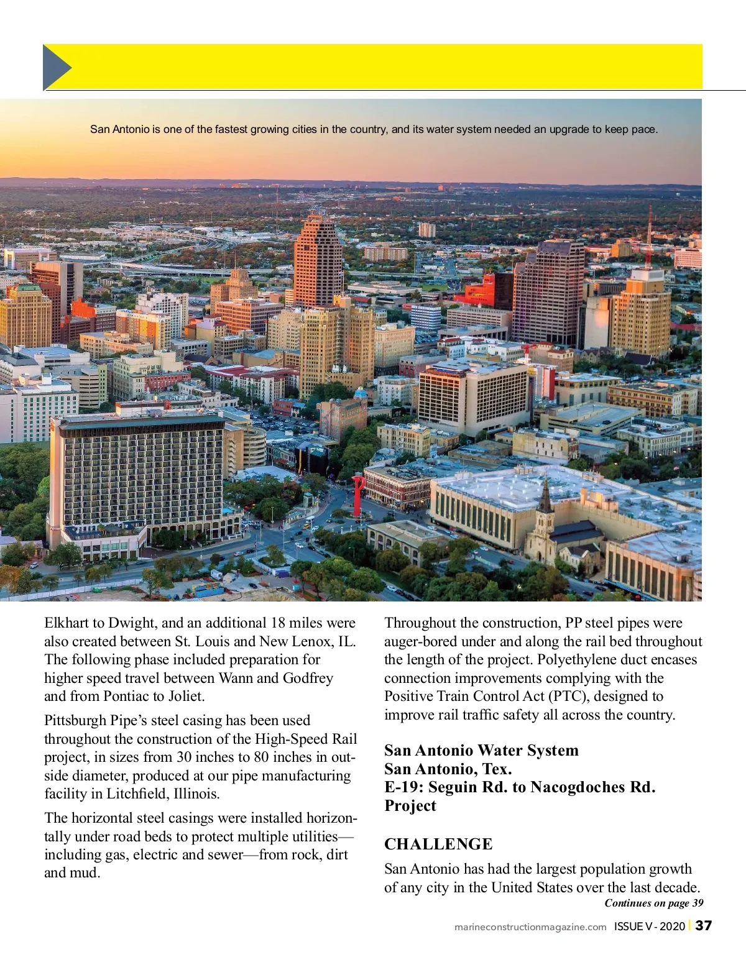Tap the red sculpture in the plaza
click(x=358, y=495)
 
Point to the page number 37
click(x=703, y=926)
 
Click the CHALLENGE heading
click(x=438, y=844)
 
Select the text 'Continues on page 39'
click(x=654, y=903)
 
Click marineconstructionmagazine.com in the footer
click(x=530, y=926)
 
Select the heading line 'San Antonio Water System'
click(x=481, y=751)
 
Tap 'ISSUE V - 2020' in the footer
click(x=649, y=926)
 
